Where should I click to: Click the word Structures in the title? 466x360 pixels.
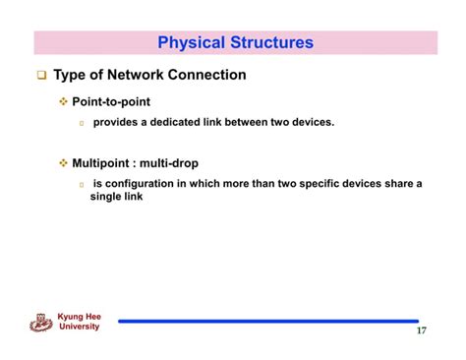point(271,42)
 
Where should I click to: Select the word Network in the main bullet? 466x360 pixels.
point(132,75)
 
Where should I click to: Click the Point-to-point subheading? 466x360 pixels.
point(111,101)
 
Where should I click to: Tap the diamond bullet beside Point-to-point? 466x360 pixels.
point(65,102)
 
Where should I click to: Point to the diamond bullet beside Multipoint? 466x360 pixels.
point(65,163)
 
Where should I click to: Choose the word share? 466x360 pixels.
point(397,183)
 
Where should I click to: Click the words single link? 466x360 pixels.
point(116,196)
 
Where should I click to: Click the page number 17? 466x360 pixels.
point(421,330)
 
